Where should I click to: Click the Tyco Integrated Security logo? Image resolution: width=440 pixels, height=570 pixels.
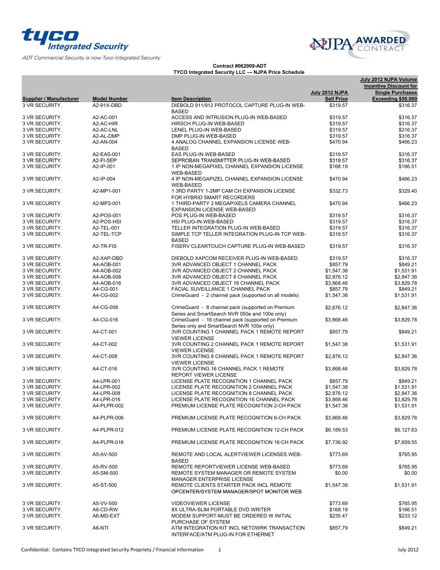tap(75, 40)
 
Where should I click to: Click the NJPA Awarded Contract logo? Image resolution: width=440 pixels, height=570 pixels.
tap(360, 44)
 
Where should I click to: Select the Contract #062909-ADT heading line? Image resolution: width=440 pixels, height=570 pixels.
tap(239, 66)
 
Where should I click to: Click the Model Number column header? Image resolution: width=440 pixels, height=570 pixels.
tap(110, 99)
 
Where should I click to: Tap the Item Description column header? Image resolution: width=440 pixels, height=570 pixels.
tap(191, 99)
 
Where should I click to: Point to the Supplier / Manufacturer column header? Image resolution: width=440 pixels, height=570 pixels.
tap(51, 99)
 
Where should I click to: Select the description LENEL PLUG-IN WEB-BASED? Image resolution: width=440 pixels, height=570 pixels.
tap(206, 130)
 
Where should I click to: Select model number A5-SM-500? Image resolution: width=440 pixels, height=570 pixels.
tap(105, 473)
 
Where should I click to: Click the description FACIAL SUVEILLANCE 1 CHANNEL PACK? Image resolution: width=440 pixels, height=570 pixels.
tap(221, 289)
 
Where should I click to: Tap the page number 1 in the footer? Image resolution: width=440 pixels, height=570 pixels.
tap(219, 550)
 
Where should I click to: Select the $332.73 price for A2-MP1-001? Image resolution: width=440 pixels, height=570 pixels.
tap(338, 191)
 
